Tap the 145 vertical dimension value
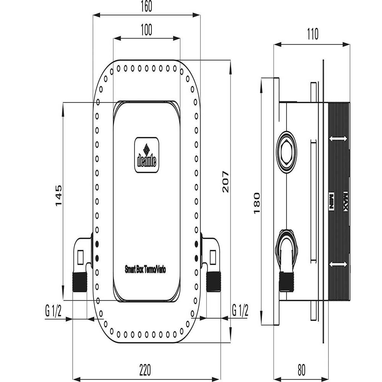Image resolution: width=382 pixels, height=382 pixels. pyautogui.click(x=58, y=196)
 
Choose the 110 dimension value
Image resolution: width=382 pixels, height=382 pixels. pyautogui.click(x=312, y=35)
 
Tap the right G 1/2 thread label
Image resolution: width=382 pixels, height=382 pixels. pyautogui.click(x=241, y=311)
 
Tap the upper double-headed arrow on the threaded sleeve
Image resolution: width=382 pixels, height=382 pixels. pyautogui.click(x=338, y=138)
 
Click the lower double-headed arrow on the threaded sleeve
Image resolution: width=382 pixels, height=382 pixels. pyautogui.click(x=338, y=264)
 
